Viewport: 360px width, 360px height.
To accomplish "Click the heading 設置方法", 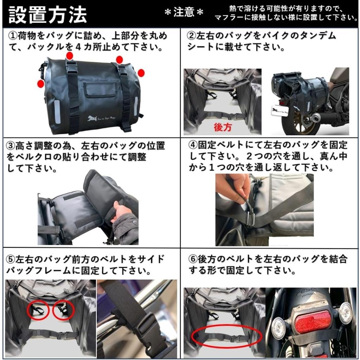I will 47,15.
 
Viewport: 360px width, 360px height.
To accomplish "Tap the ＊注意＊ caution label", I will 184,13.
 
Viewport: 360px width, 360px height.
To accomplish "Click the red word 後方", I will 223,127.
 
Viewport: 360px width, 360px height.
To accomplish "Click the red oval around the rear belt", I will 226,337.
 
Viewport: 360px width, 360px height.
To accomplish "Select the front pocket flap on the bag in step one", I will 100,89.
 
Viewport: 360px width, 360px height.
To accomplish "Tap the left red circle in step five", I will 38,310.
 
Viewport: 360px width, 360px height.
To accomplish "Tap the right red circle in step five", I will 64,309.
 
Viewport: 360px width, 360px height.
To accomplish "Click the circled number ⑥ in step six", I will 193,259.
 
